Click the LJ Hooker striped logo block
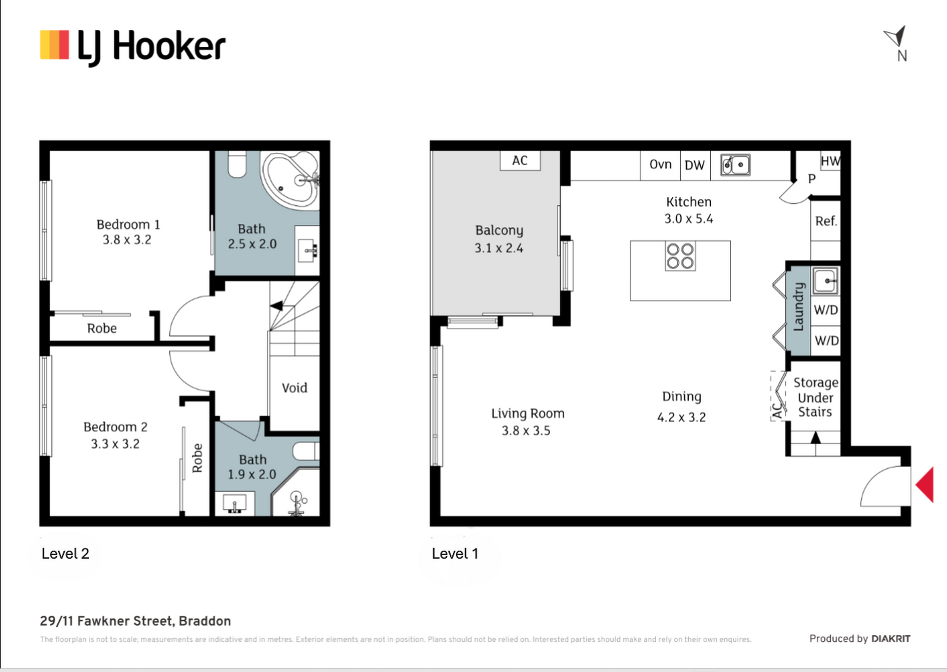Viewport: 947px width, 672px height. tap(54, 45)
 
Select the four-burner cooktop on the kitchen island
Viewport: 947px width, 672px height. tap(680, 256)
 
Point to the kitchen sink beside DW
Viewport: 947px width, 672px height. tap(735, 165)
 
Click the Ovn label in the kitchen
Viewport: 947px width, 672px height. tap(660, 165)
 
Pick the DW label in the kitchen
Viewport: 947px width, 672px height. tap(694, 166)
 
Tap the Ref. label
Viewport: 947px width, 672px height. tap(826, 221)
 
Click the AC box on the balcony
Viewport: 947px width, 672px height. tap(520, 161)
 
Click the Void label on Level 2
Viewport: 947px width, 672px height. tap(294, 388)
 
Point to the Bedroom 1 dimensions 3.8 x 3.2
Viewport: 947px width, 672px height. tap(127, 240)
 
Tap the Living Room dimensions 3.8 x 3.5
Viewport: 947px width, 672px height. tap(526, 431)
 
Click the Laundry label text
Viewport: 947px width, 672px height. tap(798, 307)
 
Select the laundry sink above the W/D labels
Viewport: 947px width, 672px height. tap(825, 281)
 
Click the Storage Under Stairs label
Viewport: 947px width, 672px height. tap(815, 397)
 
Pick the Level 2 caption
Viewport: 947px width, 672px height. tap(65, 554)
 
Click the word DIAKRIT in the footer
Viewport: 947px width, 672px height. tap(890, 639)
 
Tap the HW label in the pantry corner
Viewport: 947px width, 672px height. tap(831, 161)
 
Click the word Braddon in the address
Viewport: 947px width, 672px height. tap(205, 621)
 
